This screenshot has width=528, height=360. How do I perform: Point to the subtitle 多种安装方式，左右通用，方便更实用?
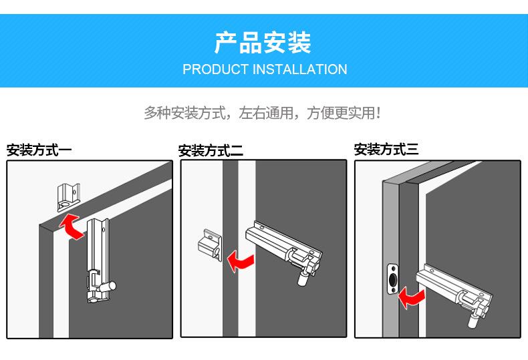click(263, 112)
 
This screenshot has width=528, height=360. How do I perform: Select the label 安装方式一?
click(39, 150)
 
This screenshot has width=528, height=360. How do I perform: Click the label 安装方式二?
click(211, 151)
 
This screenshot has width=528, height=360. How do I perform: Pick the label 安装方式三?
click(386, 150)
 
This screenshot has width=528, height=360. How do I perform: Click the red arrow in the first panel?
click(70, 226)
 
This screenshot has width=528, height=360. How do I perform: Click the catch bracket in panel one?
click(68, 194)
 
